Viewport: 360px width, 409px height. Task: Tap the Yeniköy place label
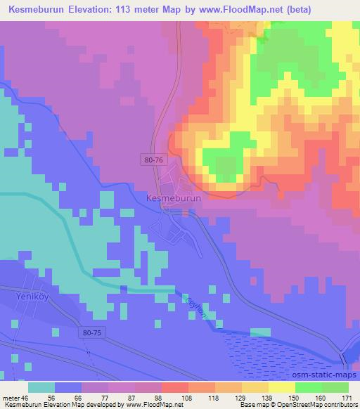tap(27, 297)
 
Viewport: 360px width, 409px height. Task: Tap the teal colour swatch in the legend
tap(42, 387)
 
